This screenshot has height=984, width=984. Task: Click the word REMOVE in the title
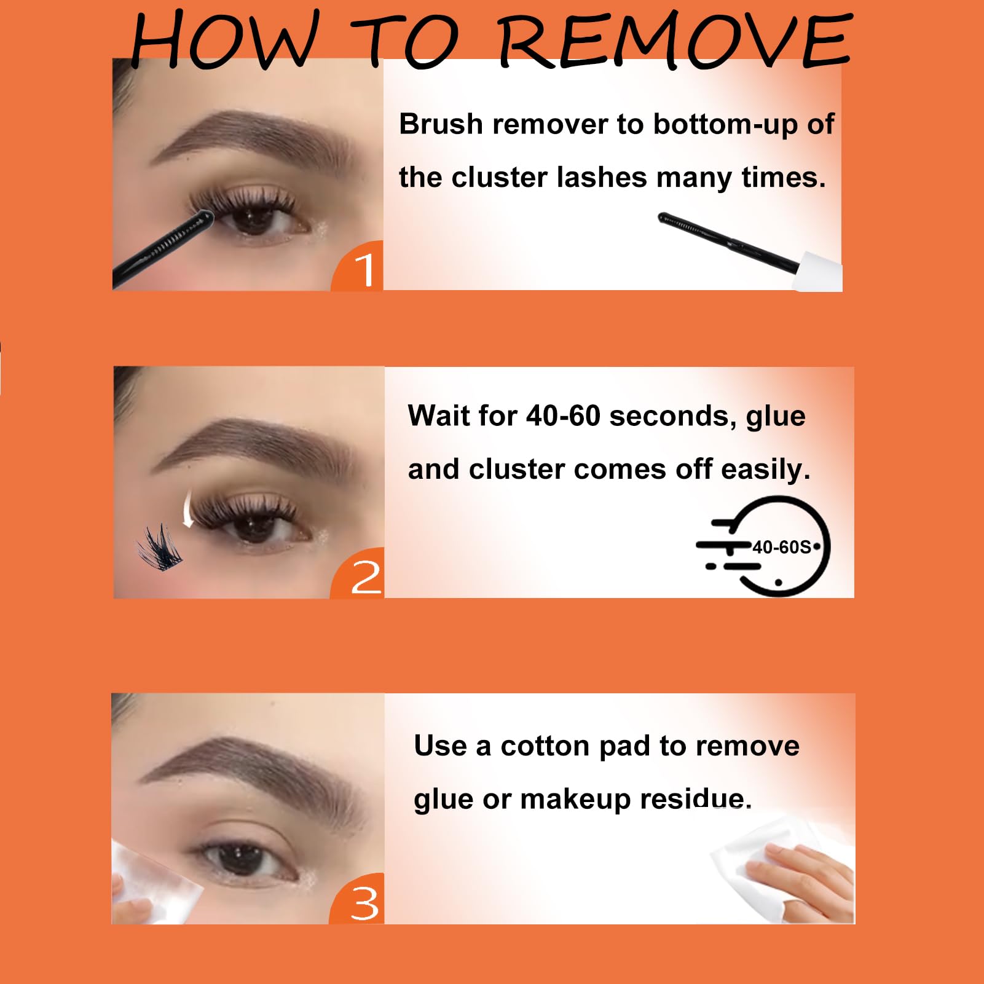click(x=675, y=40)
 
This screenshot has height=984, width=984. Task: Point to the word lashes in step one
click(x=602, y=178)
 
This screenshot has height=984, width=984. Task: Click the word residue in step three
click(x=696, y=800)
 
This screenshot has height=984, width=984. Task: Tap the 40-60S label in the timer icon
click(x=782, y=547)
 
